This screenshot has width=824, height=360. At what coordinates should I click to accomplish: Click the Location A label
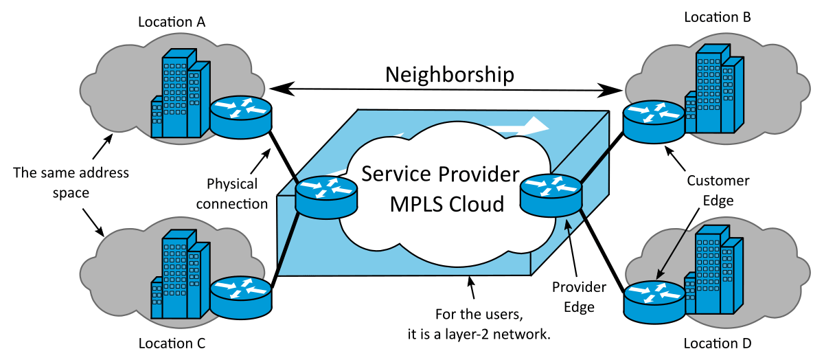pos(172,22)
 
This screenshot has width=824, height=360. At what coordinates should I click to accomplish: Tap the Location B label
pos(717,16)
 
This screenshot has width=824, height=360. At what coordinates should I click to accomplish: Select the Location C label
pos(172,342)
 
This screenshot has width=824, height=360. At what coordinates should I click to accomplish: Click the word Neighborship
pos(449,75)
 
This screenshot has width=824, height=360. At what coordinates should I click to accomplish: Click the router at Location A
pos(241,116)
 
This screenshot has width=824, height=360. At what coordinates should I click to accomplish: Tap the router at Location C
pos(241,293)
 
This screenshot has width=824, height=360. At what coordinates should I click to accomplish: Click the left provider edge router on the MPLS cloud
pos(326,194)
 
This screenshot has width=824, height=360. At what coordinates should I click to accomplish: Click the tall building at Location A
pos(175,89)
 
